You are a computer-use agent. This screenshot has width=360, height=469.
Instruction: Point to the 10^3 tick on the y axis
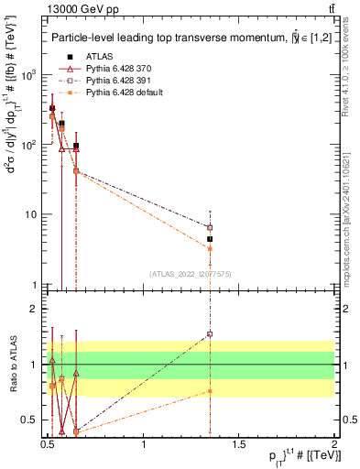coord(27,76)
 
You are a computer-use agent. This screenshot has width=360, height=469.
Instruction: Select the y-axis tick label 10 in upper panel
coord(30,215)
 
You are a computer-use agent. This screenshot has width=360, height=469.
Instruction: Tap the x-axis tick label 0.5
coord(49,444)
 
